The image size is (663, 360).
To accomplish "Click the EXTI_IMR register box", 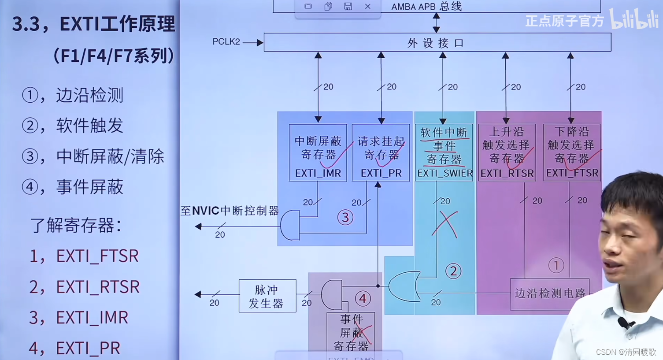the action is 318,152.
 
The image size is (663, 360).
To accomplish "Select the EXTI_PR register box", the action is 381,152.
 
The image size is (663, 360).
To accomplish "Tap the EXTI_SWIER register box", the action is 444,152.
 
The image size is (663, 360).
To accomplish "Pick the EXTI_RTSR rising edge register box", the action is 507,152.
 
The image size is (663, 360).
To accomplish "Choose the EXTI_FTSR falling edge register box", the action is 571,152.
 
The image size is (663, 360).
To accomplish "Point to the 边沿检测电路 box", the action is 549,293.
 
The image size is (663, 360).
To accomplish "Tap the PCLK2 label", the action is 226,42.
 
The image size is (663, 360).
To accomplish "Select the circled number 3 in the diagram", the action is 345,217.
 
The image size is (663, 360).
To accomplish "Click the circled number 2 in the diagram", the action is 453,271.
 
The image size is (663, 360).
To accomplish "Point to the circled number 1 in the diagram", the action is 556,265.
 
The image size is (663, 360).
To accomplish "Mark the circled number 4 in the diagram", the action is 363,299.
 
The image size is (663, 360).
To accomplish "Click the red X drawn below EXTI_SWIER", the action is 445,225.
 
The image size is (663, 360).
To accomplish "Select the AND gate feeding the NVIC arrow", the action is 290,225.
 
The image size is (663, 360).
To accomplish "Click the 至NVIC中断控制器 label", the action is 230,211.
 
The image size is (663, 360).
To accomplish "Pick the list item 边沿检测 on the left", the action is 89,95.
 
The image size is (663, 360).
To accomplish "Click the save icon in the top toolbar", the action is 348,7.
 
